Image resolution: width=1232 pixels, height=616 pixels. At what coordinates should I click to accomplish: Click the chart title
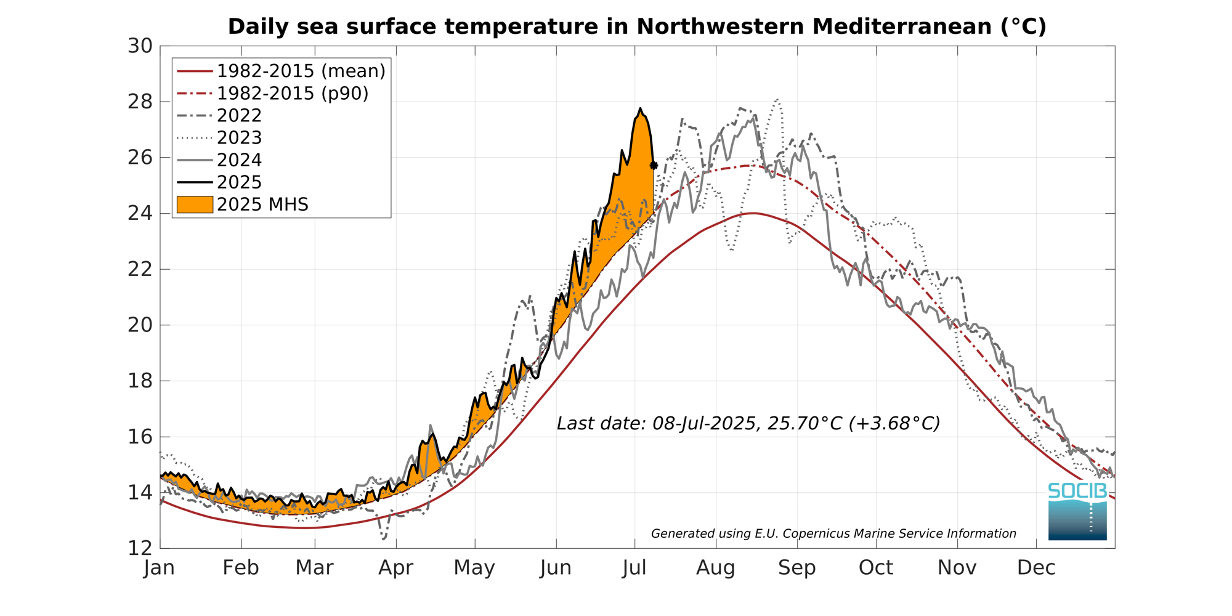coord(637,26)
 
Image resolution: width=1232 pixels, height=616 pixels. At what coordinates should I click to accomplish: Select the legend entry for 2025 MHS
coord(262,205)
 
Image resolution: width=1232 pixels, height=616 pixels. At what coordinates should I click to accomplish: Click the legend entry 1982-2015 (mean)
coord(301,71)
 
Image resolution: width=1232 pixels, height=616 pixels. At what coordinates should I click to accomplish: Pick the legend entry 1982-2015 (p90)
coord(293,94)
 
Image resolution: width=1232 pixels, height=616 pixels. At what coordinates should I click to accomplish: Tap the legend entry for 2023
coord(239,138)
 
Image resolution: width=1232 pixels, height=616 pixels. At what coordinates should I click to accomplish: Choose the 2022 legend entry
coord(239,116)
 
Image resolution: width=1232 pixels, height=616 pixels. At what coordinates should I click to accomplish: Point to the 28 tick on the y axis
coord(140,102)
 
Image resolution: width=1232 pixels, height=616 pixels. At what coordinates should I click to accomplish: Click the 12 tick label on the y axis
coord(140,548)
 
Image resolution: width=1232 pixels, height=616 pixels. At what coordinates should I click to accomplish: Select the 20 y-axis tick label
coord(140,325)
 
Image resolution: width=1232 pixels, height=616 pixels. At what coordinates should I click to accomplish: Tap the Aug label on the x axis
coord(716,568)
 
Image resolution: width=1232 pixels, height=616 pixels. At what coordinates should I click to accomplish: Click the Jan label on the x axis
coord(160,568)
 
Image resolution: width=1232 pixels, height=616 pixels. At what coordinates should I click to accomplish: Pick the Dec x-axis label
coord(1036,568)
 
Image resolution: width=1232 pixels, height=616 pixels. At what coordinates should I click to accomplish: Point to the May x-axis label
coord(474,568)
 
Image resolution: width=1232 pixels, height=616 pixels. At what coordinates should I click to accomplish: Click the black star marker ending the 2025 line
coord(654,166)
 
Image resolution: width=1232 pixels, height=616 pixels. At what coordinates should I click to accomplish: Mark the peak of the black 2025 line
coord(641,108)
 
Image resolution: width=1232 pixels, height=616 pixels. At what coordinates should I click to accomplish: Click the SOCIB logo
coord(1077,511)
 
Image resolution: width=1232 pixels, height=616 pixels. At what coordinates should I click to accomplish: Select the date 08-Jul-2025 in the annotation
coord(704,424)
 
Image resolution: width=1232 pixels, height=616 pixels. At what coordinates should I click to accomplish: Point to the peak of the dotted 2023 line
coord(778,99)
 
